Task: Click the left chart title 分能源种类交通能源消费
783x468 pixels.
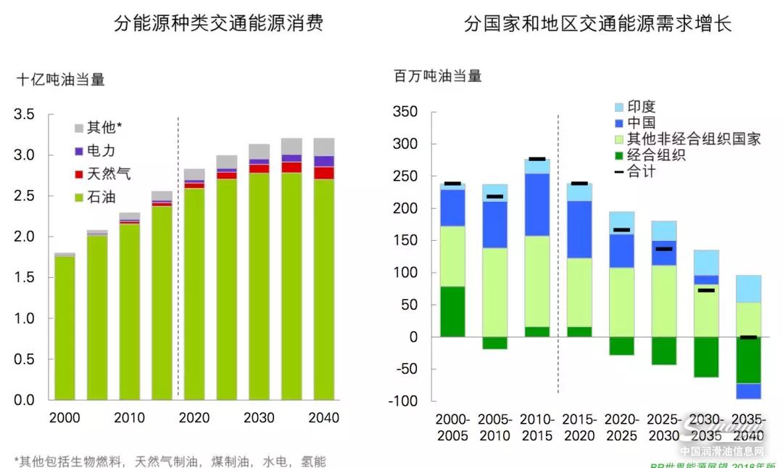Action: click(218, 24)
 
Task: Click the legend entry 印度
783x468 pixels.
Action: click(641, 107)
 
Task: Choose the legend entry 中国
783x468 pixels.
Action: click(641, 123)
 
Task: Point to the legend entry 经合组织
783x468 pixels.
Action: click(656, 155)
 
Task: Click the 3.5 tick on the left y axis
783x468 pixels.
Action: click(24, 114)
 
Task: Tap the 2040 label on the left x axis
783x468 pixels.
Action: click(323, 418)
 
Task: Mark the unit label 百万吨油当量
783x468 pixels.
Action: click(438, 75)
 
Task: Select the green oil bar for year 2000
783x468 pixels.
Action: click(65, 327)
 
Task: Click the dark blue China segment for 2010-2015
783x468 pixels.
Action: click(537, 205)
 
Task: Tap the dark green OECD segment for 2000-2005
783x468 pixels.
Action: click(452, 311)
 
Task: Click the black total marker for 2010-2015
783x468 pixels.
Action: click(537, 159)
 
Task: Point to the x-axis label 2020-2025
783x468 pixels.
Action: click(621, 427)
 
